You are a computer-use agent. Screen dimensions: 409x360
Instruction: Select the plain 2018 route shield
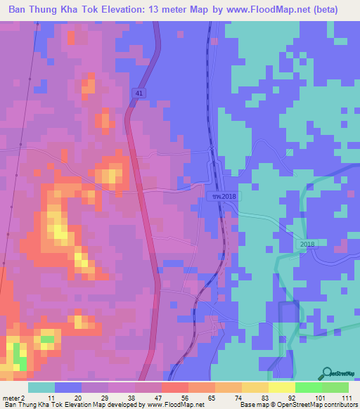307,243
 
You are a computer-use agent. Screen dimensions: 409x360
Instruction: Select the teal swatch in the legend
41,387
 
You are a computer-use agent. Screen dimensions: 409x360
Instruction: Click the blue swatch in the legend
68,387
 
